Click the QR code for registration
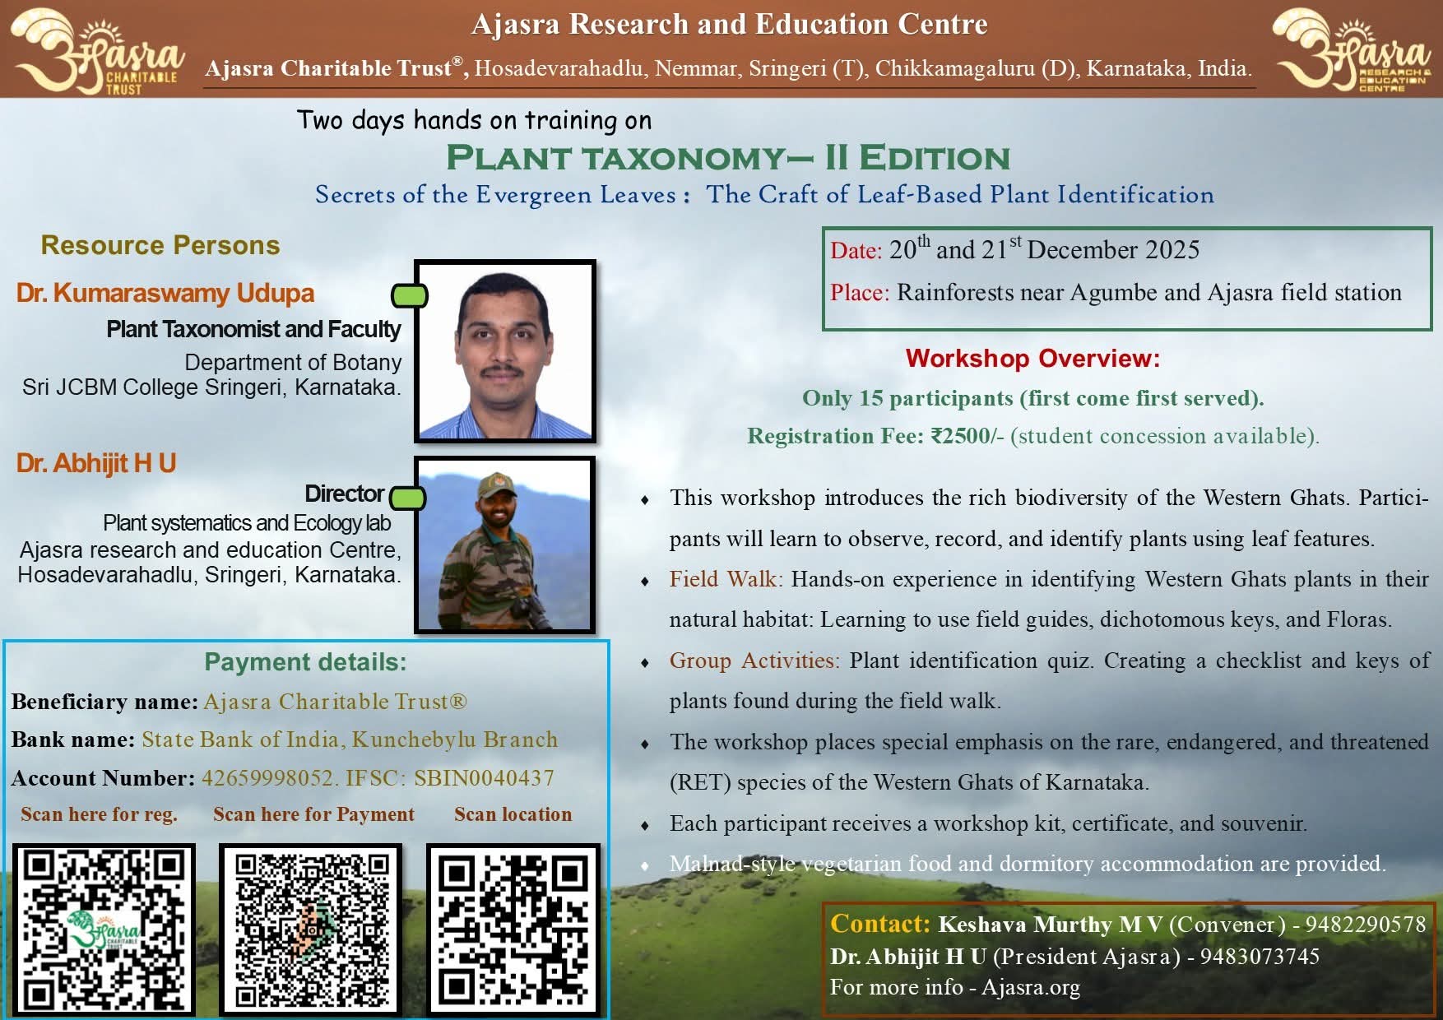[x=104, y=929]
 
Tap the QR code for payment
[x=311, y=929]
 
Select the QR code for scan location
[x=513, y=929]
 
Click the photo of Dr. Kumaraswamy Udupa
[x=505, y=351]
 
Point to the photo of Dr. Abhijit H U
[x=505, y=545]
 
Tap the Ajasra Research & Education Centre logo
[x=1351, y=49]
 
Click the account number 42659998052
[x=267, y=777]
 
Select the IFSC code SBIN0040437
[x=484, y=777]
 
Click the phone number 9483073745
[x=1260, y=956]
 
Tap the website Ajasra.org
[x=1031, y=987]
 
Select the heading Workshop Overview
[x=1032, y=359]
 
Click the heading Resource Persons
[x=160, y=245]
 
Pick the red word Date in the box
[x=856, y=250]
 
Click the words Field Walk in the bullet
[x=722, y=579]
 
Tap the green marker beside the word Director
[x=407, y=498]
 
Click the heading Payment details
[x=305, y=662]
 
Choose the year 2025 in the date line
[x=1171, y=249]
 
